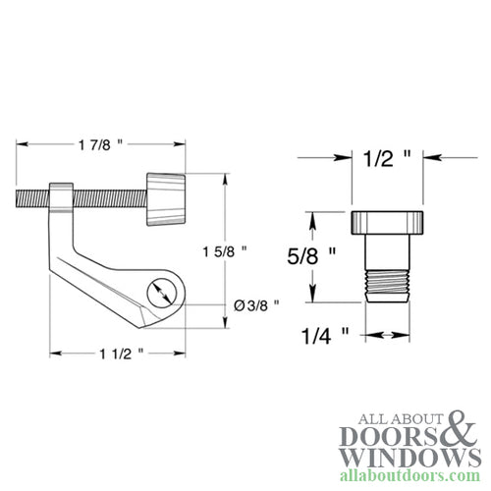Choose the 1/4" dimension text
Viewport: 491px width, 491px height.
click(319, 336)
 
